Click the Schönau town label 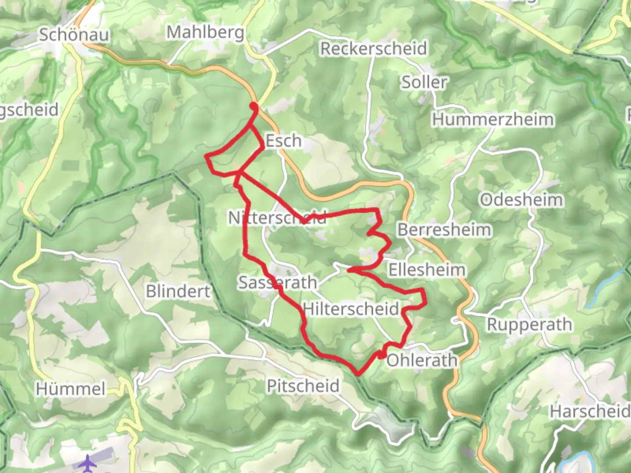74,35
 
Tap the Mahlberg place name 205,32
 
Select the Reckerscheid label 373,49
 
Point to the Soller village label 424,82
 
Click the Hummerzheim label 493,120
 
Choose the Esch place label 284,141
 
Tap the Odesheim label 521,200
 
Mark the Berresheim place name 444,230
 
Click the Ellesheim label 427,270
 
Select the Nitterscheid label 277,218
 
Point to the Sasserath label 277,283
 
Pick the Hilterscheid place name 351,309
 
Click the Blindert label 178,291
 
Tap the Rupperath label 529,325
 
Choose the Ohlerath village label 422,360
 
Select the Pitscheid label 303,386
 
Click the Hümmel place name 71,389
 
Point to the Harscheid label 589,412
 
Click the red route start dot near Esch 254,106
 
